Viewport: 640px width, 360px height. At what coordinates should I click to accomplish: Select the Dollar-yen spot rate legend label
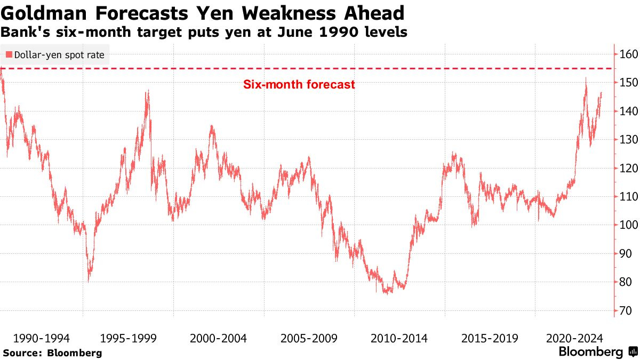(59, 54)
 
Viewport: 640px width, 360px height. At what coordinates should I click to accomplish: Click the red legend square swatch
(9, 54)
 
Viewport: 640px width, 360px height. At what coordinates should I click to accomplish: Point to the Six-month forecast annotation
(299, 84)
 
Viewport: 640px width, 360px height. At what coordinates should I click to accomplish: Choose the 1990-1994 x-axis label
(41, 338)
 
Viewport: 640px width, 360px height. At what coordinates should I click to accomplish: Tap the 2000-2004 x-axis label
(218, 338)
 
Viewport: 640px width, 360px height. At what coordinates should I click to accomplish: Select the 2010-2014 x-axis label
(399, 338)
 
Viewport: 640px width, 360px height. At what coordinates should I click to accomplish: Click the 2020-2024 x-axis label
(575, 338)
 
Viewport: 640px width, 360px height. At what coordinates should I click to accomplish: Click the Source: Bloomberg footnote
(52, 353)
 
